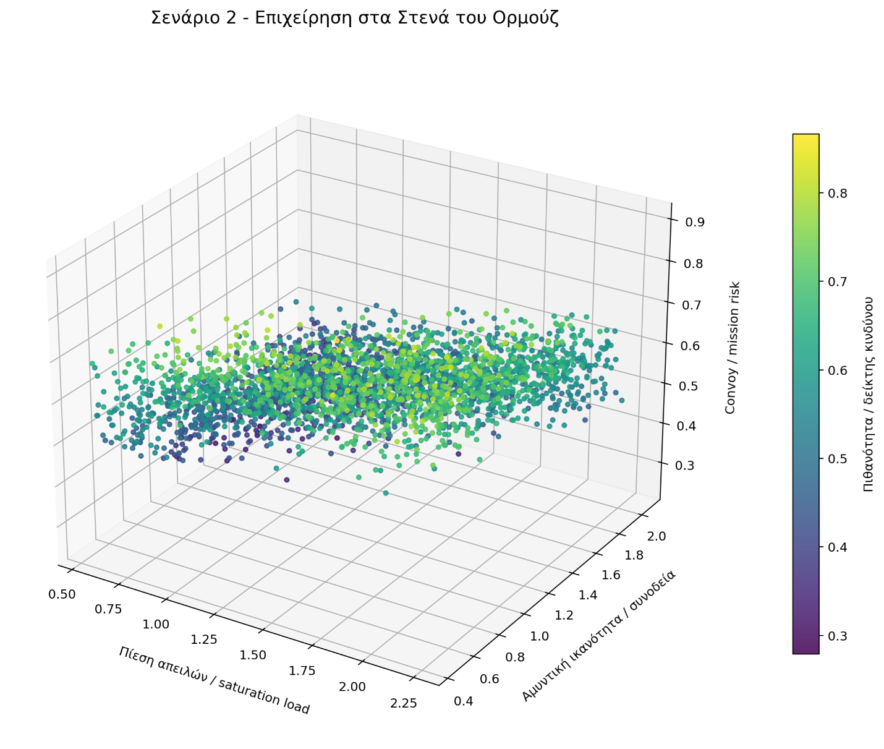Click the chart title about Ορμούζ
355,18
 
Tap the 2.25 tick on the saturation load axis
403,703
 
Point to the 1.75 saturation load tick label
302,670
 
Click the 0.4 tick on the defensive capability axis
463,700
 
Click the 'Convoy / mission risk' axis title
731,348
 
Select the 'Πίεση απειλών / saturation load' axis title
214,680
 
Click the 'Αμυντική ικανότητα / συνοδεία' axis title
598,636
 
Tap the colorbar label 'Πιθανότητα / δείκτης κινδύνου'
869,393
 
